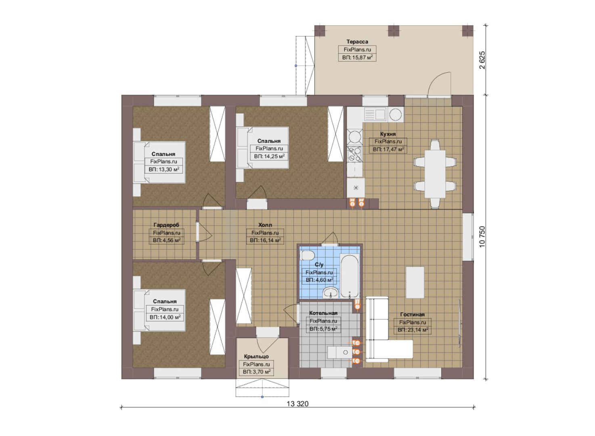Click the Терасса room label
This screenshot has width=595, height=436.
(357, 42)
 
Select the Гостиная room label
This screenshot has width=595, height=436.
(412, 314)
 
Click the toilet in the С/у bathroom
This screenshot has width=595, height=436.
(307, 256)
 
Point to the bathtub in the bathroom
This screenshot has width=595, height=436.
(349, 276)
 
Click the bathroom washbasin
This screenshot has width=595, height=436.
(331, 293)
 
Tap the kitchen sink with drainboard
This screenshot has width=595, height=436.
(375, 115)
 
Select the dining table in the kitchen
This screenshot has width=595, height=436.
(435, 174)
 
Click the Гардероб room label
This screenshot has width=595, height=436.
(166, 225)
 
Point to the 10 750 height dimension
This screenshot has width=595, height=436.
(482, 237)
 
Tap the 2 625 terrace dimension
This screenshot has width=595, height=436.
(482, 60)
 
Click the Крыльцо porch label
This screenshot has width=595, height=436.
(256, 356)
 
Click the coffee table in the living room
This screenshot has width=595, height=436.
(415, 283)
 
